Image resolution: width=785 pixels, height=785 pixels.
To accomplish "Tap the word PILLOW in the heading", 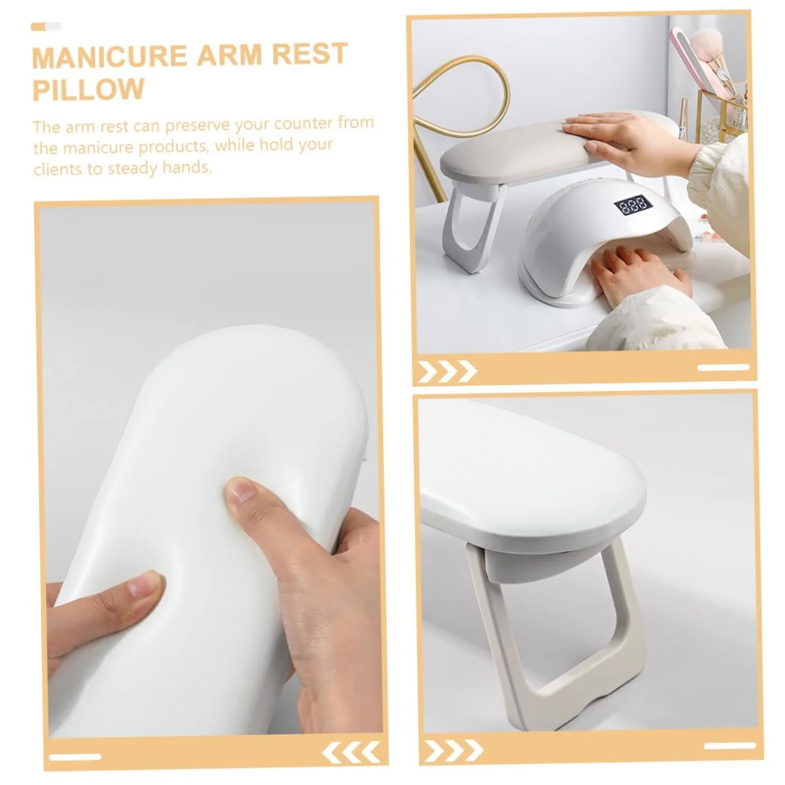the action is [x=89, y=89].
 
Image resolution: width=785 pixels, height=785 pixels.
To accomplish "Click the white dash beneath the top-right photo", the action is [x=723, y=367].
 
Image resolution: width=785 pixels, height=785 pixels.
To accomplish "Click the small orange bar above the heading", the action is [x=38, y=26].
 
